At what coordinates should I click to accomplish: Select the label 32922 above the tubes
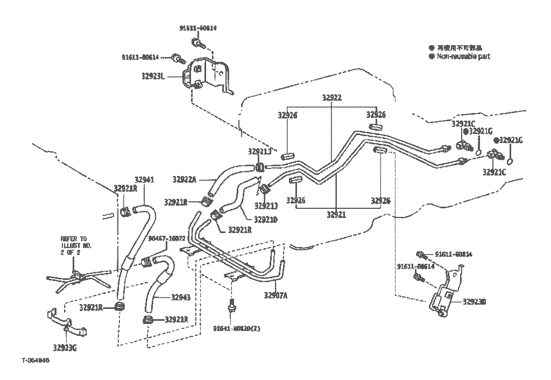click(x=332, y=98)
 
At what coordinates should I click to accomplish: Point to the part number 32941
click(x=144, y=180)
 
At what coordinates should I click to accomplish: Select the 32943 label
click(x=181, y=297)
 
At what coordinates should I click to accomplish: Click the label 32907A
click(x=275, y=295)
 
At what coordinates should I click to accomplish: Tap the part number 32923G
click(x=65, y=347)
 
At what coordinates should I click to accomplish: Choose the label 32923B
click(x=475, y=302)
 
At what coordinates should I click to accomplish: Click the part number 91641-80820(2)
click(x=236, y=328)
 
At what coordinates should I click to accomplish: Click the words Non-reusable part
click(x=463, y=56)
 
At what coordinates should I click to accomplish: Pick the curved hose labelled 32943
click(x=158, y=283)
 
